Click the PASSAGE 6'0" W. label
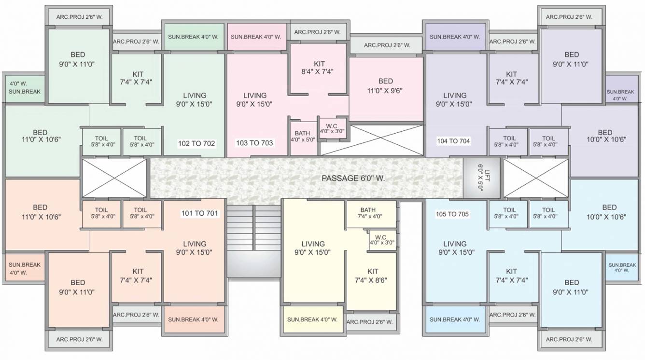(353, 179)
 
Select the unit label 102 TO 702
(196, 143)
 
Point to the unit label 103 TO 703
(254, 143)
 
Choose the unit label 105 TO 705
(453, 214)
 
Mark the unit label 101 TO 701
(199, 213)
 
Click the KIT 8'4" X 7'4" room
(319, 68)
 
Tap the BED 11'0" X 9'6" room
(385, 85)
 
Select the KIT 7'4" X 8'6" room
(372, 276)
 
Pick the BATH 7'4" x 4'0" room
(370, 213)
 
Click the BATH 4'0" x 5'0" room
(303, 137)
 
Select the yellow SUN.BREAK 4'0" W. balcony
(312, 319)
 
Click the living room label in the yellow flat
(313, 248)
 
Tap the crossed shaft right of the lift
(535, 178)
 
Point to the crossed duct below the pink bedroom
(372, 140)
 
